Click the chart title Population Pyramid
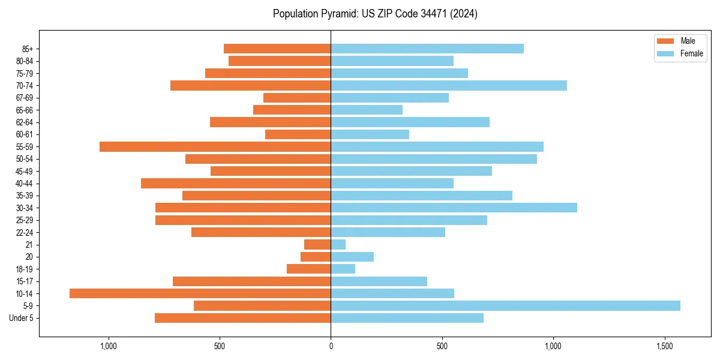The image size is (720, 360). click(x=375, y=14)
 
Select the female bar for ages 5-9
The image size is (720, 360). click(x=505, y=306)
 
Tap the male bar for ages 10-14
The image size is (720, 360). click(x=200, y=293)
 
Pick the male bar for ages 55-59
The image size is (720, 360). click(x=215, y=146)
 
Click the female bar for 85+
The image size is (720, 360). click(x=427, y=49)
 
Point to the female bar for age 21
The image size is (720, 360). click(x=338, y=245)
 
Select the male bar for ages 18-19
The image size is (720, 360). click(x=309, y=269)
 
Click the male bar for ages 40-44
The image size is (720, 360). click(x=236, y=183)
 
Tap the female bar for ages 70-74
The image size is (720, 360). click(x=449, y=85)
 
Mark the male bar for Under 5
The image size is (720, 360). click(x=243, y=318)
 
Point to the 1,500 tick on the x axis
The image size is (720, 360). click(x=664, y=347)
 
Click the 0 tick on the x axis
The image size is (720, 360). click(x=331, y=347)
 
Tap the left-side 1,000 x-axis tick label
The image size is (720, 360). click(x=109, y=347)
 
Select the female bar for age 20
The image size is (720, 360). click(x=352, y=257)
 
